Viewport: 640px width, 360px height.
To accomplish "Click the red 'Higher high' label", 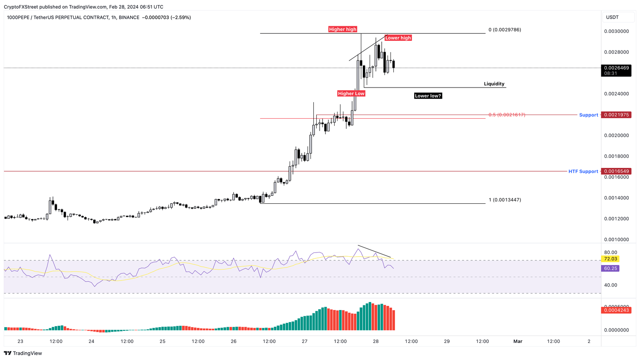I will tap(342, 29).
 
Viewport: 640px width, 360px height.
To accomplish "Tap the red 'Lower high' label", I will tap(398, 38).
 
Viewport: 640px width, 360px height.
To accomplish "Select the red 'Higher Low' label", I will tap(351, 93).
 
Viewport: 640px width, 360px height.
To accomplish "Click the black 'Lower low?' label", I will tap(428, 96).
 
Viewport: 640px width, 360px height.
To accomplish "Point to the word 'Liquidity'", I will tap(494, 84).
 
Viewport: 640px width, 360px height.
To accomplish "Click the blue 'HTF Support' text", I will tap(583, 171).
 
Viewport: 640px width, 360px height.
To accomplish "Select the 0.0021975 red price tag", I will tap(616, 115).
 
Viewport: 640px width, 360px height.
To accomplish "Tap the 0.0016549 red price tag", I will tap(616, 171).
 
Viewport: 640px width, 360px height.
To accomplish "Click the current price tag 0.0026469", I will tap(616, 67).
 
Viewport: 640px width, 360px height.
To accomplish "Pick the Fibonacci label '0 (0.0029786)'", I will tap(505, 30).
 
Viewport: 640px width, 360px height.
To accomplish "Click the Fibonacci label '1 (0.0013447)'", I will tap(505, 200).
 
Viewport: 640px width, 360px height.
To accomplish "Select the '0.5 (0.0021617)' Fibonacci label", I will tap(507, 115).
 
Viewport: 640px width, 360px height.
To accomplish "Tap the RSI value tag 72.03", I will tap(610, 259).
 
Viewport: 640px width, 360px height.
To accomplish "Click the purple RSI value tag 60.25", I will tap(610, 268).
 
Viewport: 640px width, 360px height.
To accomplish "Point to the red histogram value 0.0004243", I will tap(616, 310).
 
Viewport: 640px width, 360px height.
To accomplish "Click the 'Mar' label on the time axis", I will tap(517, 341).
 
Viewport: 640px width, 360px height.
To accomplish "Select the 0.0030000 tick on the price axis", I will tap(616, 31).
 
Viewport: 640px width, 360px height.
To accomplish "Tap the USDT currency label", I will tap(612, 17).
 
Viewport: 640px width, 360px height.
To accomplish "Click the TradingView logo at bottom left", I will tap(23, 353).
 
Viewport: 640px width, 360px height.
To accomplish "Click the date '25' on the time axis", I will tap(162, 341).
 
